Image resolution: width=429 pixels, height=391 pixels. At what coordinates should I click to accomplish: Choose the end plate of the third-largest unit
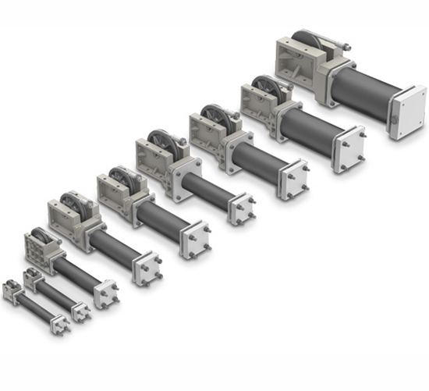(x=293, y=179)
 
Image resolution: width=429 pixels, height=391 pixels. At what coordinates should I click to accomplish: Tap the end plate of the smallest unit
(x=59, y=324)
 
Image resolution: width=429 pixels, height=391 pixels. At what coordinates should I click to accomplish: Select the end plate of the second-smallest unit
(x=81, y=311)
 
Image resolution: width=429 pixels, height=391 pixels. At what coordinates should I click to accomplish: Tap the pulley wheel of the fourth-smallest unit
(x=76, y=204)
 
